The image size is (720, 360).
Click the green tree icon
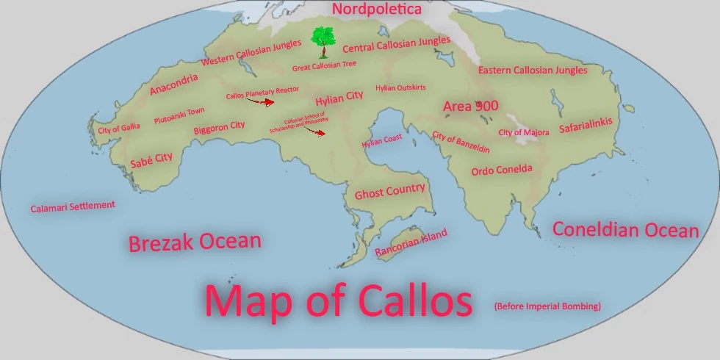[x=321, y=41]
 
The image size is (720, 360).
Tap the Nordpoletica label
[x=377, y=10]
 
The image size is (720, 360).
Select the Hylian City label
[x=339, y=98]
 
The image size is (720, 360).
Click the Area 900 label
[x=470, y=107]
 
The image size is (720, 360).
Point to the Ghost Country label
[x=389, y=192]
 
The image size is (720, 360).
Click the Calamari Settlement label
[x=73, y=206]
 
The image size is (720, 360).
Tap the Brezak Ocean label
[x=195, y=242]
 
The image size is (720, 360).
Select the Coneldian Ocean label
[x=625, y=230]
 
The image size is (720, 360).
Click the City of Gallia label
[x=118, y=129]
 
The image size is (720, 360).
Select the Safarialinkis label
[x=586, y=126]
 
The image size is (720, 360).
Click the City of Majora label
[x=523, y=132]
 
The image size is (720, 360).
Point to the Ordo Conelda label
[x=501, y=170]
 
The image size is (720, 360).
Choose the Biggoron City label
[x=219, y=128]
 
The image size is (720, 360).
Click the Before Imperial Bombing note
[x=547, y=306]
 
